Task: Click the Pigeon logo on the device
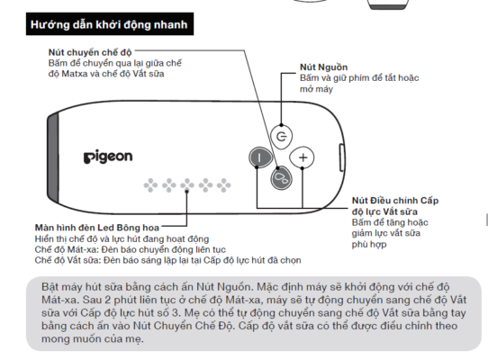click(x=108, y=157)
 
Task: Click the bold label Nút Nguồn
click(x=324, y=67)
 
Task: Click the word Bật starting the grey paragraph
click(x=39, y=283)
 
